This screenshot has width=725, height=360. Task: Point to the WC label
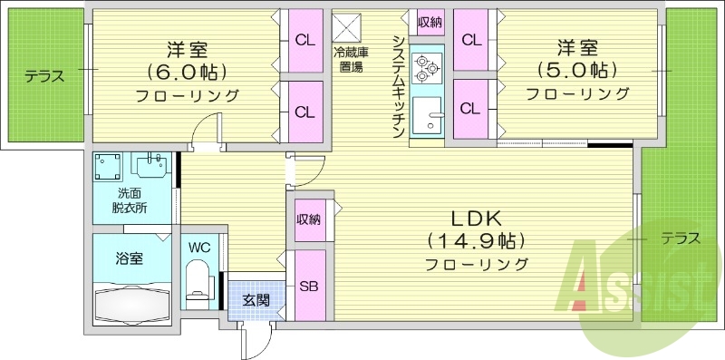pyautogui.click(x=199, y=248)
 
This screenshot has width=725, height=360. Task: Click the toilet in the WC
pyautogui.click(x=196, y=277)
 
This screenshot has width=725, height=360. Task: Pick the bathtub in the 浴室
pyautogui.click(x=133, y=304)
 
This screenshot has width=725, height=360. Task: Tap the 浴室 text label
pyautogui.click(x=129, y=258)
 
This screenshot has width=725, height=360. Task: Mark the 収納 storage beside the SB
pyautogui.click(x=308, y=219)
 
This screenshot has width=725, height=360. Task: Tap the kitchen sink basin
pyautogui.click(x=426, y=117)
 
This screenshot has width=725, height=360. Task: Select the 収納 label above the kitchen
pyautogui.click(x=430, y=22)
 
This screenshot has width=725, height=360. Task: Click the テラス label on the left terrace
pyautogui.click(x=44, y=76)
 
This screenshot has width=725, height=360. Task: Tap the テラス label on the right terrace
pyautogui.click(x=679, y=239)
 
